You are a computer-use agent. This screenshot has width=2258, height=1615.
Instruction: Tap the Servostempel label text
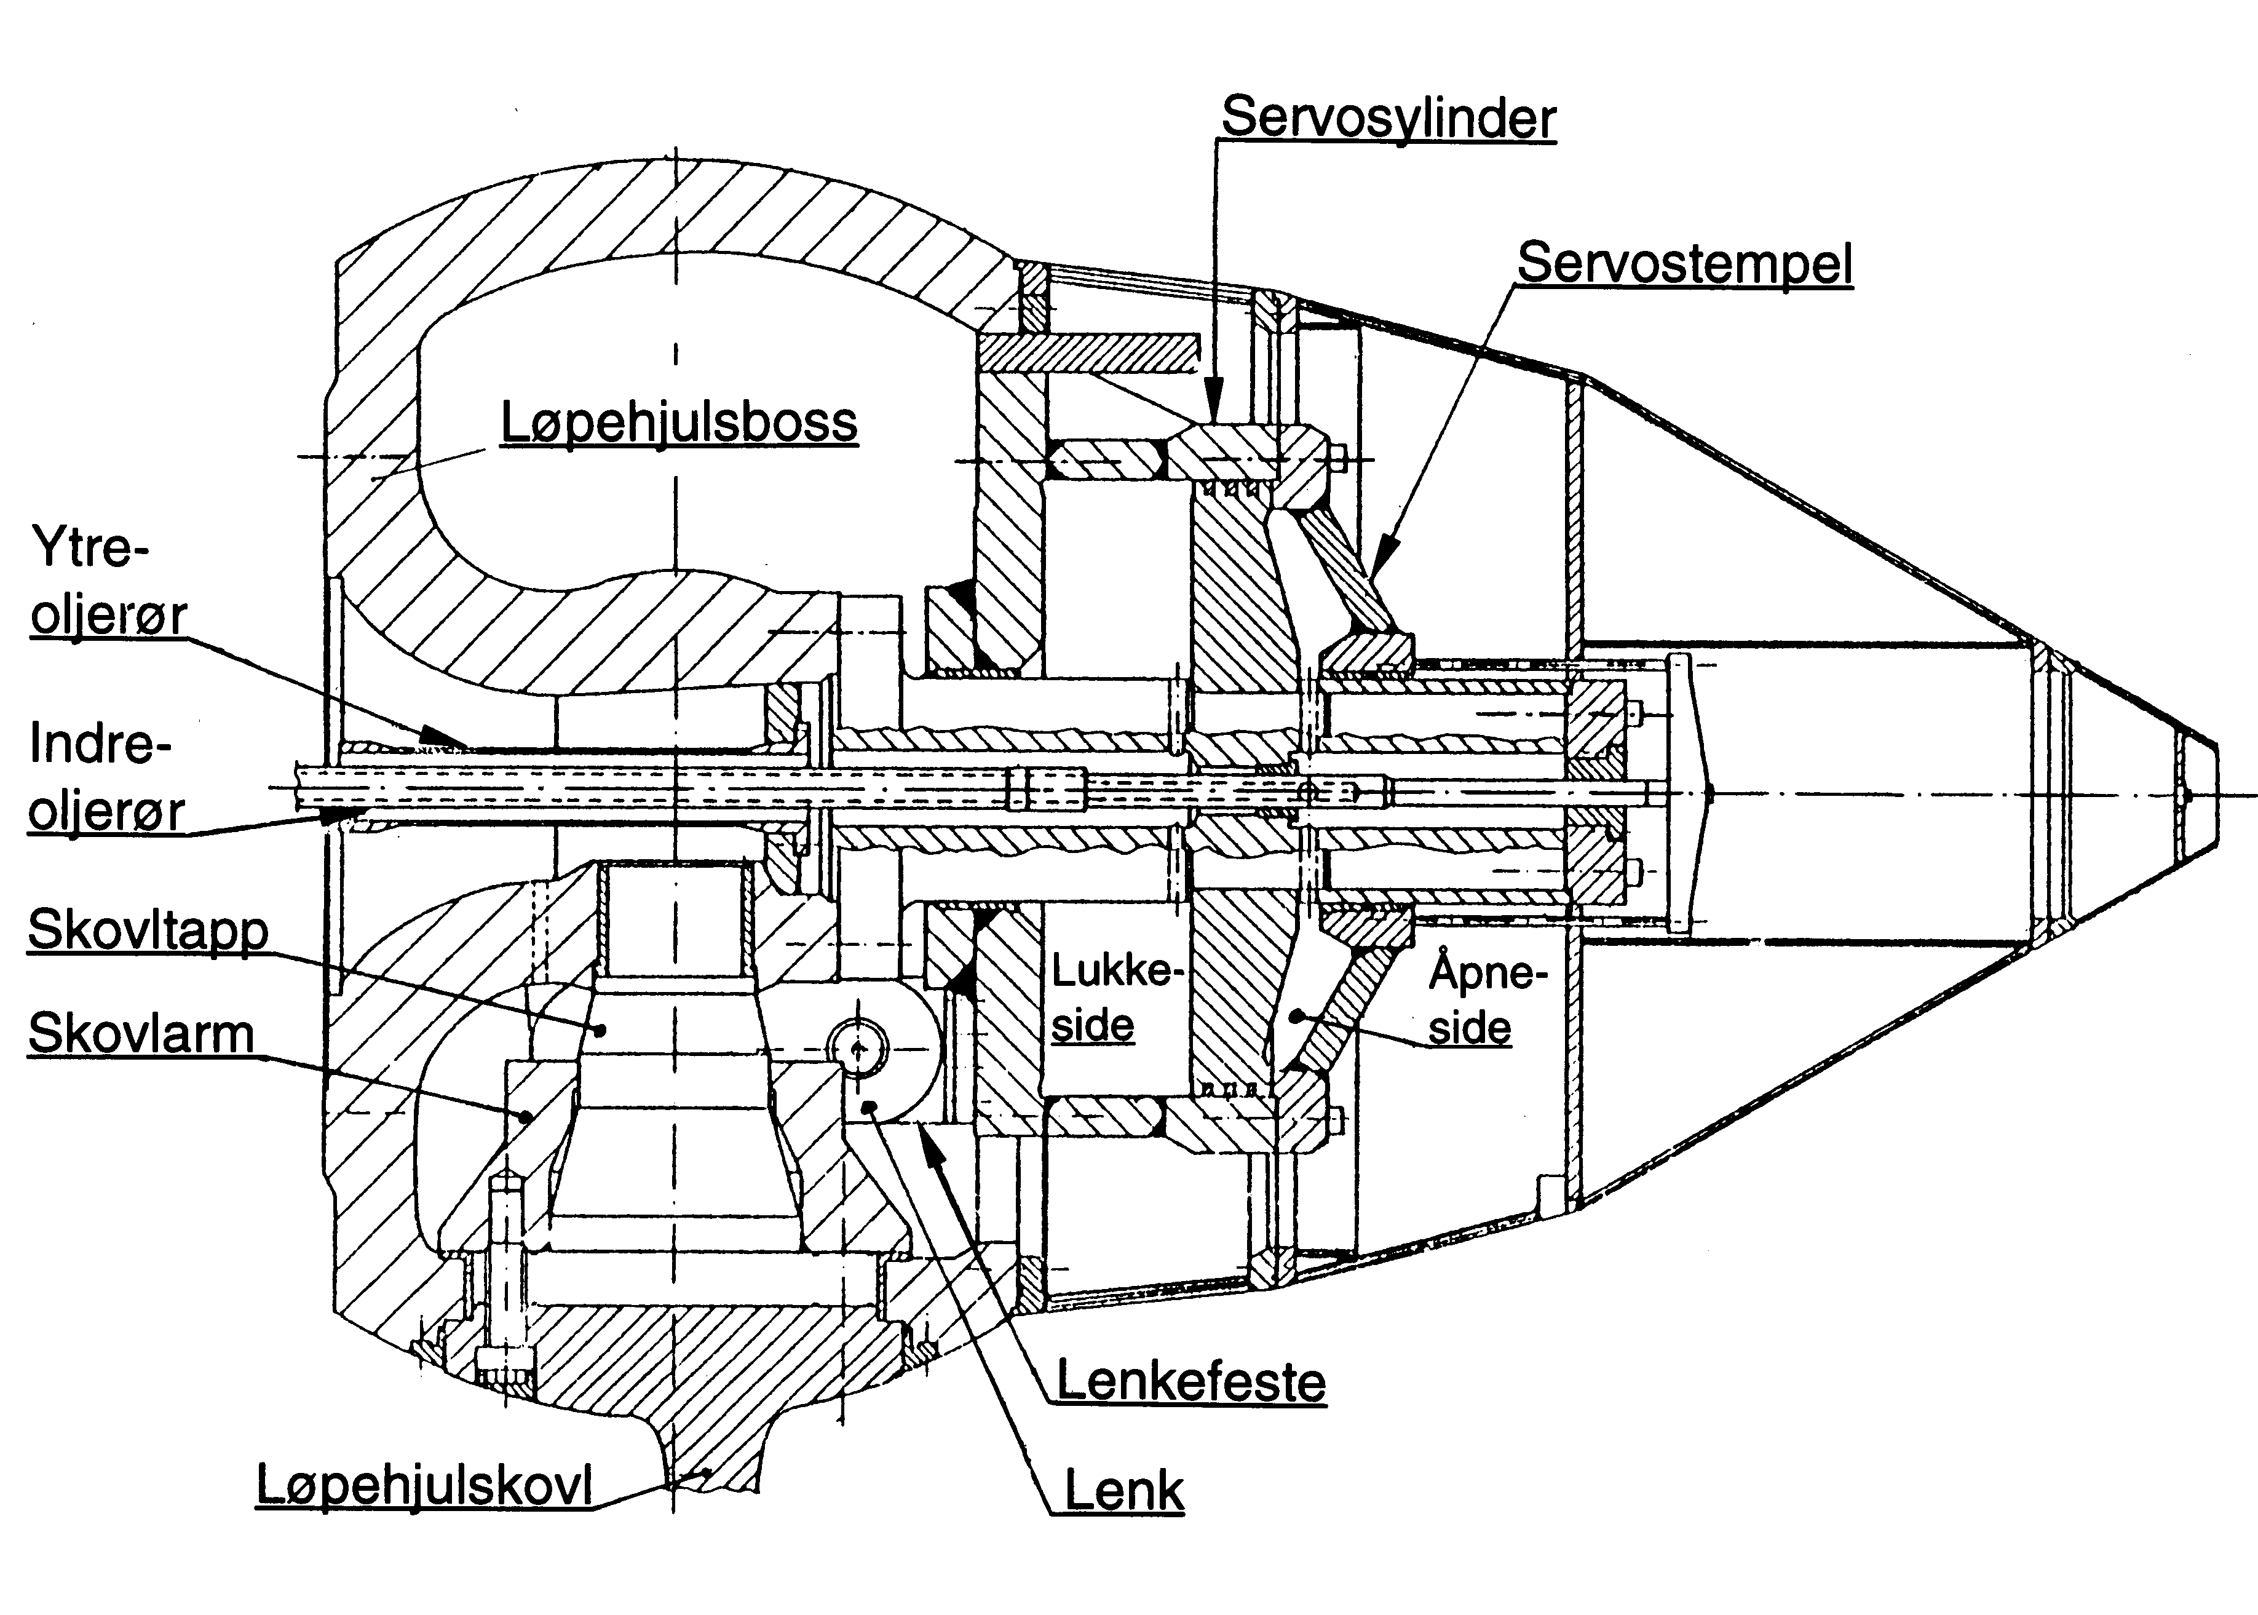pos(1684,264)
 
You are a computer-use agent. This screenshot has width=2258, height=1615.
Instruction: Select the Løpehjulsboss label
pos(678,423)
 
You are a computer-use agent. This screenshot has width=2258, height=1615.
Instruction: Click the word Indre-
pos(100,744)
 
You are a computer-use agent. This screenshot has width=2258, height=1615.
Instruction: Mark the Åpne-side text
pos(1486,999)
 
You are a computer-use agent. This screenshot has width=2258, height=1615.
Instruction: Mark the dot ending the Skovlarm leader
pos(526,1116)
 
